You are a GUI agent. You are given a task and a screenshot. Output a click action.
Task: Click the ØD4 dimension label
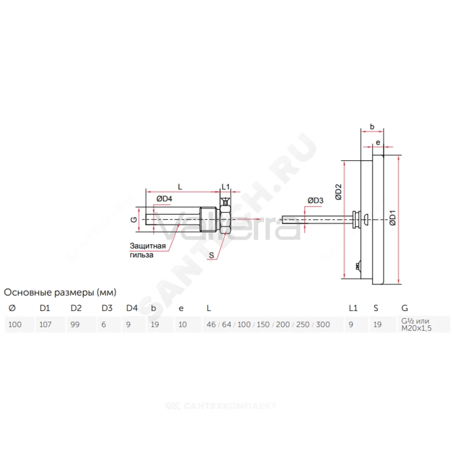tap(164, 199)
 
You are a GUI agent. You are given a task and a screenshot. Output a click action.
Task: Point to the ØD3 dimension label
tap(316, 200)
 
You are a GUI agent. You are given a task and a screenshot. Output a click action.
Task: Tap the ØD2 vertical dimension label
tap(338, 192)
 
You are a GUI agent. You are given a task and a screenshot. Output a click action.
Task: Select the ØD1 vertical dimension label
tap(392, 218)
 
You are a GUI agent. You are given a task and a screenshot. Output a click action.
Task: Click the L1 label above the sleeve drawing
tap(226, 187)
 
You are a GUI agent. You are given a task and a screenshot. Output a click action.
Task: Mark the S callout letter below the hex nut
tap(212, 255)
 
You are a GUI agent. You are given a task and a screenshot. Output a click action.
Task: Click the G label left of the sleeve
tap(134, 220)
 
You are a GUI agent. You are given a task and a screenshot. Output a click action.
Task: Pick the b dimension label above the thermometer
tap(372, 127)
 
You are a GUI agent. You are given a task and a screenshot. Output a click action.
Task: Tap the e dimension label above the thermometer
tap(378, 143)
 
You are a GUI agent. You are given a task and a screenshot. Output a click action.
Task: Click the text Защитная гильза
tap(148, 251)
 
